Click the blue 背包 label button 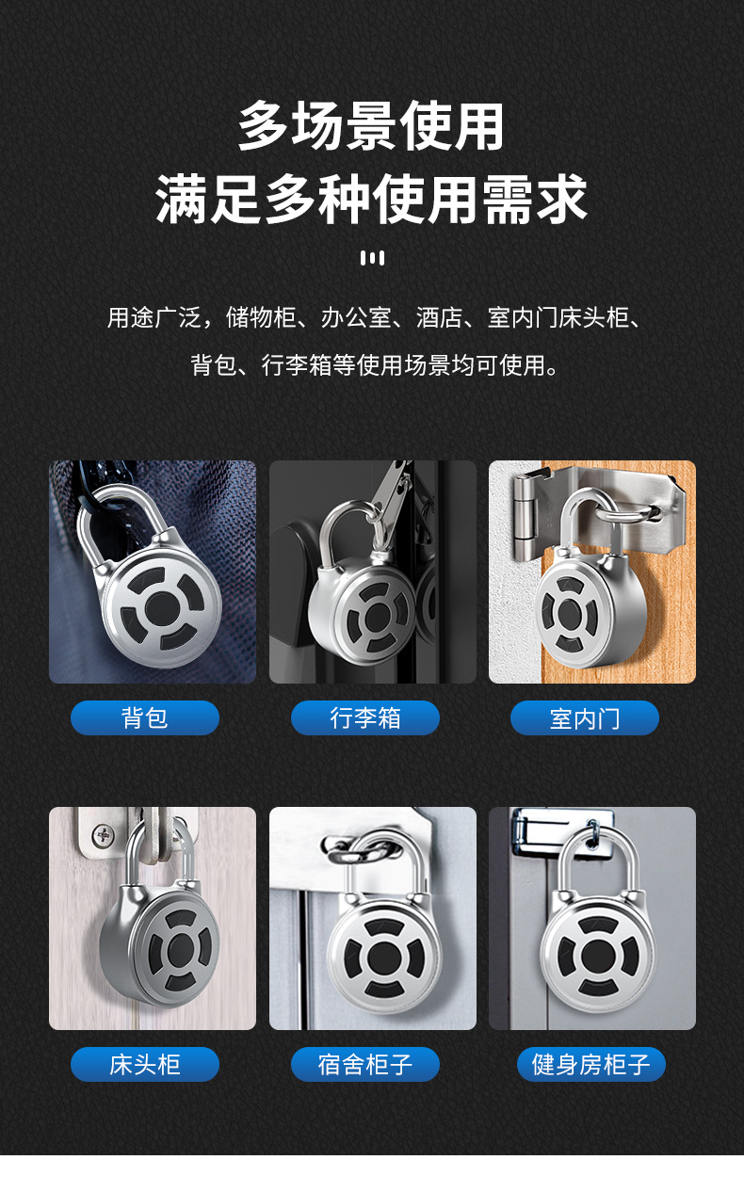(145, 718)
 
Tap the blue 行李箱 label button (365, 718)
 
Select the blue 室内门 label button (585, 718)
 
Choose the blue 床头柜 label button (145, 1065)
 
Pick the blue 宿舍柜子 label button (365, 1065)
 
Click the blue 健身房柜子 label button (591, 1065)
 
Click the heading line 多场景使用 (372, 127)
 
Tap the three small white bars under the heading (372, 258)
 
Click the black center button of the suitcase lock (378, 618)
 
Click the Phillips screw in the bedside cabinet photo (103, 832)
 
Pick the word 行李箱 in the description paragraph (297, 364)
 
